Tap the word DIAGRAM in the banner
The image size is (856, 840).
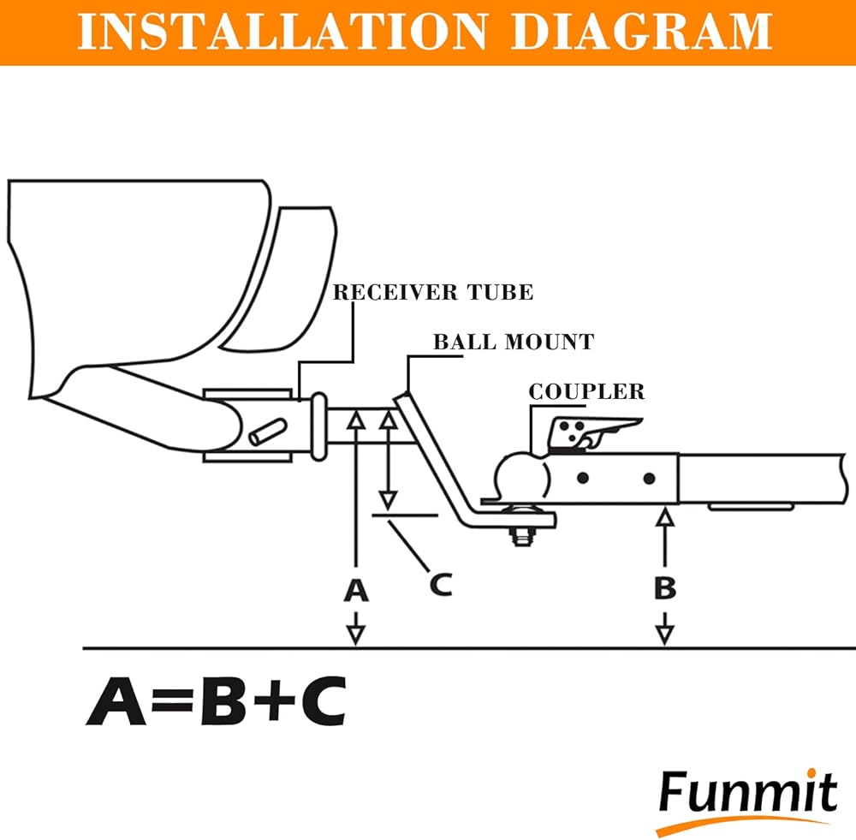643,32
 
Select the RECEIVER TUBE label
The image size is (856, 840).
432,292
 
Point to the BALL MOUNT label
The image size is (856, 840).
514,342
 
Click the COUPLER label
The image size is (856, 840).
586,391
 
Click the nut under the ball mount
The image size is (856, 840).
520,538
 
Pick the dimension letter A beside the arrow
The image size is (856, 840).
356,590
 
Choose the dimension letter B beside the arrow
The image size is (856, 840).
665,588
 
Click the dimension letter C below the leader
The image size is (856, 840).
440,584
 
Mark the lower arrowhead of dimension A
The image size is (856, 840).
356,634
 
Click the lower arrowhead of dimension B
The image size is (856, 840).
665,634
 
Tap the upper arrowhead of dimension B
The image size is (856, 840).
665,516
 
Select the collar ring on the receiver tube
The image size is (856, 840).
318,426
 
